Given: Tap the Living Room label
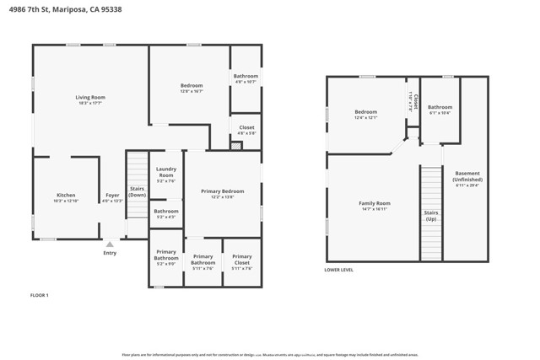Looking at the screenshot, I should (x=90, y=100).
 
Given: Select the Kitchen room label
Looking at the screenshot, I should (x=66, y=198).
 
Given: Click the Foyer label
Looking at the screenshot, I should (x=112, y=198).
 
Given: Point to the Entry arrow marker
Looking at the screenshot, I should (x=110, y=244).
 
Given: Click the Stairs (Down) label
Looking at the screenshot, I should (x=137, y=192).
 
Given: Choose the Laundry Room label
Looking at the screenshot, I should (x=166, y=175).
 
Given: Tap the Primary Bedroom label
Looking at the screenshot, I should (x=222, y=194).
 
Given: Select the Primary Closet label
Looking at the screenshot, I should (x=242, y=259).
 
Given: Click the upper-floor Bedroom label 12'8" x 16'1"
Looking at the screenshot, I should (x=192, y=89).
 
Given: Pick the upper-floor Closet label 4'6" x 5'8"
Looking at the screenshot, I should (x=246, y=130).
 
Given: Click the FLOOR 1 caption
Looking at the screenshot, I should (x=40, y=295).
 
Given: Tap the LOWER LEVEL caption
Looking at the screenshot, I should (x=339, y=270).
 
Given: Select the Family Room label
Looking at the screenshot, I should (x=374, y=206).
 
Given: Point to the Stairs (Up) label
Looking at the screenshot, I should (x=430, y=215).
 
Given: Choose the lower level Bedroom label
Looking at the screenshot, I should (x=365, y=115).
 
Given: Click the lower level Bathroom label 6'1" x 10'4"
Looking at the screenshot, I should (x=440, y=110).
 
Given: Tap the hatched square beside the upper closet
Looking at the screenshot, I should (x=236, y=146).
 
